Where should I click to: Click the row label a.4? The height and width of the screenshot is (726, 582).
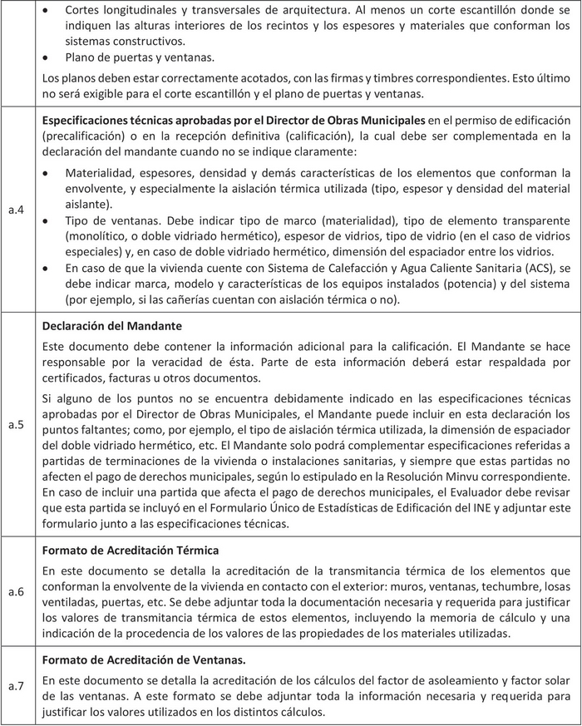15,210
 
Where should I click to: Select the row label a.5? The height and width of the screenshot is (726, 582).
15,425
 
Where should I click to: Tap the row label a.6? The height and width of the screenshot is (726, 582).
15,592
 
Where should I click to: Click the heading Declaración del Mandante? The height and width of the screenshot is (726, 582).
111,324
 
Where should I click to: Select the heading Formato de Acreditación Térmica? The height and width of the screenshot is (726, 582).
131,550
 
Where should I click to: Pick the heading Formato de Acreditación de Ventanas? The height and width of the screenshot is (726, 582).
143,659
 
